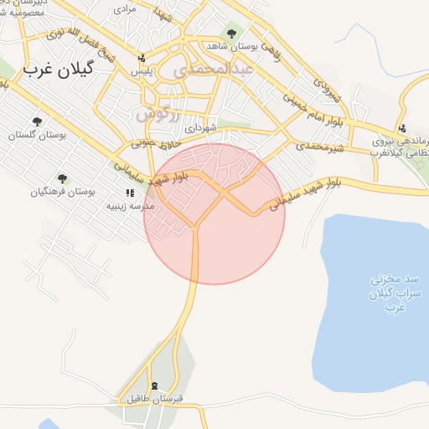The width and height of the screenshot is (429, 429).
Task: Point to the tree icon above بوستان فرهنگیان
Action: click(x=62, y=178)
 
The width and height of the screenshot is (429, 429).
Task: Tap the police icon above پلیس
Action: click(x=142, y=59)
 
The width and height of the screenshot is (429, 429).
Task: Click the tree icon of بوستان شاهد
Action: click(x=231, y=34)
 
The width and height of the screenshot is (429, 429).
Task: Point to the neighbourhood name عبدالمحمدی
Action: click(x=214, y=72)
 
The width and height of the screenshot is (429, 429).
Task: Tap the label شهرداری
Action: click(x=201, y=128)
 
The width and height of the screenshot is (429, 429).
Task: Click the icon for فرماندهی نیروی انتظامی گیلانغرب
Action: click(x=403, y=129)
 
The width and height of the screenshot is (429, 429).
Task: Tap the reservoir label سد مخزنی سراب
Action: click(x=388, y=292)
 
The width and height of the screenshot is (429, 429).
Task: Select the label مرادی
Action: click(x=123, y=9)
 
